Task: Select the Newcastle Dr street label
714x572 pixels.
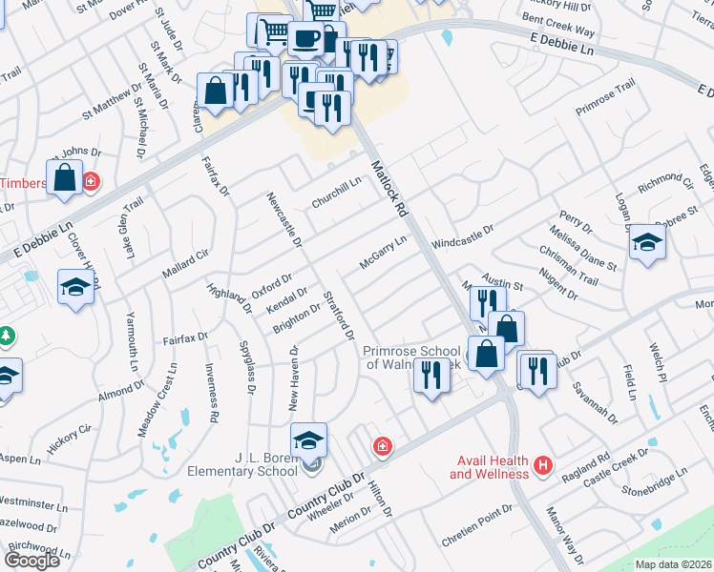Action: [283, 220]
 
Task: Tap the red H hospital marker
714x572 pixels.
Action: [543, 464]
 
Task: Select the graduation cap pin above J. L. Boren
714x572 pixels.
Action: [308, 440]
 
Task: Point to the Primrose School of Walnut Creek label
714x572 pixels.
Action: [412, 357]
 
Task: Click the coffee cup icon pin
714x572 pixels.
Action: [305, 39]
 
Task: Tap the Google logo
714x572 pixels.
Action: [31, 561]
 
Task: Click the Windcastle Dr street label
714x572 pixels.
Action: [462, 235]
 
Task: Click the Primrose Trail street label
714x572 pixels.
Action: [605, 98]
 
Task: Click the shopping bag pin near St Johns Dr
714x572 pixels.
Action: [64, 178]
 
